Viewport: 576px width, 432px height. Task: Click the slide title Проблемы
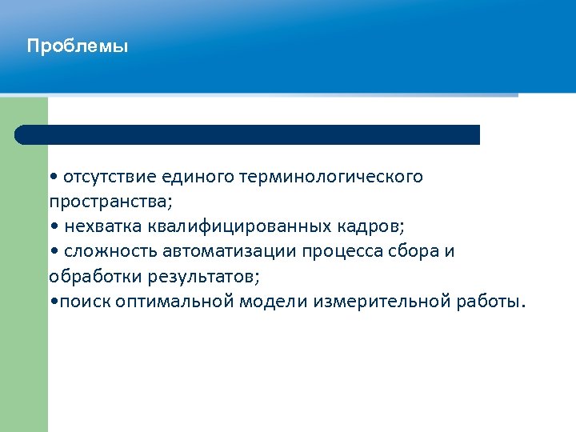pyautogui.click(x=77, y=46)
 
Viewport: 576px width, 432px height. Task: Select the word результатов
pyautogui.click(x=204, y=277)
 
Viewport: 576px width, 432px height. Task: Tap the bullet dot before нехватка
pyautogui.click(x=53, y=227)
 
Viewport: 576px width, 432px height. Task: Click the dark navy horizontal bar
pyautogui.click(x=248, y=134)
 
